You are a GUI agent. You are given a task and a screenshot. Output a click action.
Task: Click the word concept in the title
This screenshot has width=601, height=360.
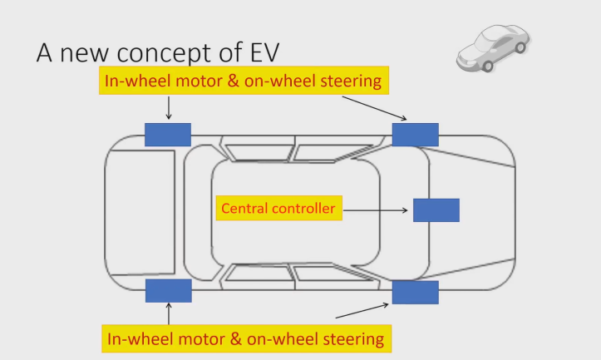tap(165, 53)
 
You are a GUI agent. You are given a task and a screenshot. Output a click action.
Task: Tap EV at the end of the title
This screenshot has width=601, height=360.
tap(265, 52)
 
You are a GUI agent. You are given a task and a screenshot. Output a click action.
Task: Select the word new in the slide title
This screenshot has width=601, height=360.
tap(84, 53)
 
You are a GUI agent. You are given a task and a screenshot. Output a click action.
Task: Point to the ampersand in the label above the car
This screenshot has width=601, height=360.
tap(233, 81)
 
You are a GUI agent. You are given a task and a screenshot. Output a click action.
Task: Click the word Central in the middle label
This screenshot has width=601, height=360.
tap(244, 208)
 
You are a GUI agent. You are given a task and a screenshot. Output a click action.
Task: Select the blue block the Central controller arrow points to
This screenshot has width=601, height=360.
tap(436, 210)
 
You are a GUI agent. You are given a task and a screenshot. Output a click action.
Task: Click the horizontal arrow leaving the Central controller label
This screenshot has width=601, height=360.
tap(375, 210)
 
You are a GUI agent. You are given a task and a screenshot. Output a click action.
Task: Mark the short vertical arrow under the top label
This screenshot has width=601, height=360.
tap(169, 108)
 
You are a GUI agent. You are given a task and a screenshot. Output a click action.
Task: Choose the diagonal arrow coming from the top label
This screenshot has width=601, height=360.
tap(374, 108)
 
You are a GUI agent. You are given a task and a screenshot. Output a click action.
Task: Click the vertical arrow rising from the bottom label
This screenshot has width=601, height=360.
tap(169, 313)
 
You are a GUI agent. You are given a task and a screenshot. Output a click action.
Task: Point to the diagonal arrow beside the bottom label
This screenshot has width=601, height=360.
tap(362, 311)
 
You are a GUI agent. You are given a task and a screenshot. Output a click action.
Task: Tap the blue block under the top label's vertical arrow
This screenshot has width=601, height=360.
tap(168, 135)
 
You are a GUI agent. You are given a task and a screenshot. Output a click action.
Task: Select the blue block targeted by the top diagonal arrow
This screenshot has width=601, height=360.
tap(416, 135)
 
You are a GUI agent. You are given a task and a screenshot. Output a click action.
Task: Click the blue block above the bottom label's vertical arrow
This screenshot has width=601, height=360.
tap(169, 291)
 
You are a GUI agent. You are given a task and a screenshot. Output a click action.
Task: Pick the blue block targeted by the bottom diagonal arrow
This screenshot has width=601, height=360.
tap(416, 292)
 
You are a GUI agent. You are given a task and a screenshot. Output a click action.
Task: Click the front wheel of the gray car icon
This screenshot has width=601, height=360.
tap(487, 66)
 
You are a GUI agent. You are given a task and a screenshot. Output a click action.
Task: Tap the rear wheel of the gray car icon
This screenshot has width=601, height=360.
tap(520, 47)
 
